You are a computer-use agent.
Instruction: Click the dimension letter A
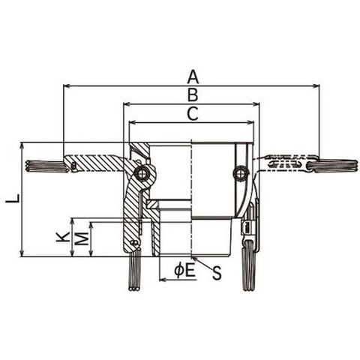193,76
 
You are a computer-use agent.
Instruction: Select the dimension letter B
193,95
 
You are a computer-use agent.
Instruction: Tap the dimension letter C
193,114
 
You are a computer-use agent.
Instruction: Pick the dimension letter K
63,237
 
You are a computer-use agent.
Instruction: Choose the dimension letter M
82,238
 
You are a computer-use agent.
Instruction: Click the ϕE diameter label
184,271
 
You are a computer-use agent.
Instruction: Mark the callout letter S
217,273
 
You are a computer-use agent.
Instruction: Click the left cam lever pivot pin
142,172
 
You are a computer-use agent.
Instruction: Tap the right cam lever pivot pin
240,172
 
